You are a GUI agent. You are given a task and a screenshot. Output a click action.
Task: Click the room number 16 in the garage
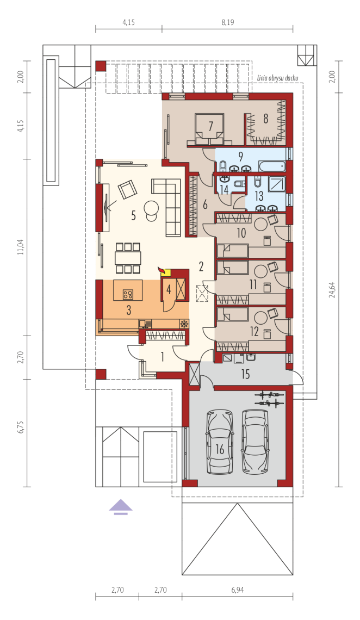[x=220, y=449]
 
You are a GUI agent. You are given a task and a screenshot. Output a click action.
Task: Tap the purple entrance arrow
[x=121, y=506]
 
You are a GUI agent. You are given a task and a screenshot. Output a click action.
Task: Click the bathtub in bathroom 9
[x=271, y=166]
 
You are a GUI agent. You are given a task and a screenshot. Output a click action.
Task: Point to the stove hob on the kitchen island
[x=128, y=294]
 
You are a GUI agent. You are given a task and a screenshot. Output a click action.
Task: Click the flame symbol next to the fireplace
[x=160, y=270]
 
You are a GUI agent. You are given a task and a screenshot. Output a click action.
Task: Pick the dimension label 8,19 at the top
[x=228, y=22]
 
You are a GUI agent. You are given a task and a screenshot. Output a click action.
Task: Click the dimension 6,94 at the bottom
[x=237, y=590]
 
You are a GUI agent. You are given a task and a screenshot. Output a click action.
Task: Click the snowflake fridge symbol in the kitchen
[x=184, y=324]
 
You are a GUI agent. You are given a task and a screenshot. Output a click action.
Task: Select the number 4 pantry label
[x=169, y=290]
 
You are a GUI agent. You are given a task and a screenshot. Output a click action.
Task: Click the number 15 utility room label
[x=245, y=374]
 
